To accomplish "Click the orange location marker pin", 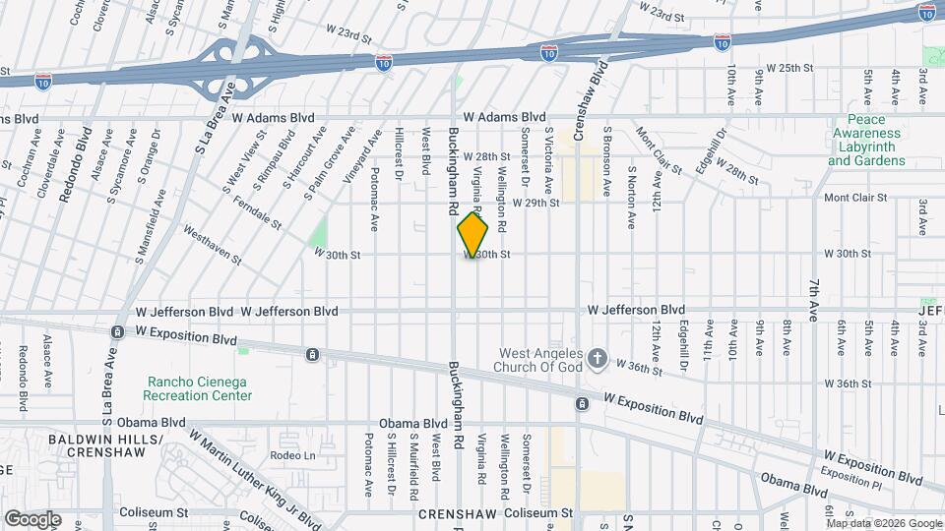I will [x=473, y=235].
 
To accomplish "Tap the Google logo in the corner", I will [x=32, y=518].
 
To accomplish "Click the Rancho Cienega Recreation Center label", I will [x=200, y=388].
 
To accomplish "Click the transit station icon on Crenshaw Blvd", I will [x=582, y=403].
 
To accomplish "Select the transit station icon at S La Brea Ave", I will [x=117, y=332].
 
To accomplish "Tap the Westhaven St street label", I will [x=212, y=244].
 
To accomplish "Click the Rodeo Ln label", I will [x=294, y=455].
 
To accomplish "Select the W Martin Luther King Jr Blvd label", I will [x=255, y=478].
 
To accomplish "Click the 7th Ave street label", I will [x=813, y=293].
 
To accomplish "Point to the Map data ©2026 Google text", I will [x=885, y=522].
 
